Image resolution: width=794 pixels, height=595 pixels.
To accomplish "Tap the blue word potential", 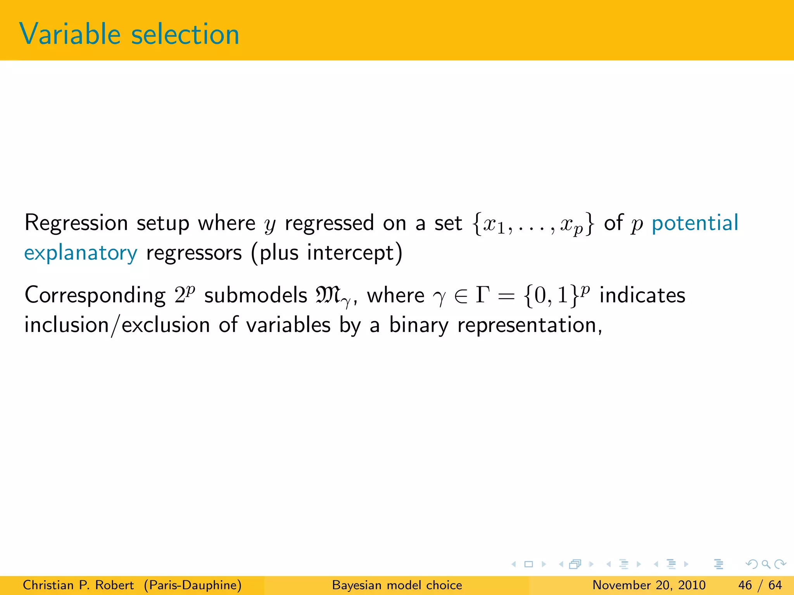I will coord(695,224).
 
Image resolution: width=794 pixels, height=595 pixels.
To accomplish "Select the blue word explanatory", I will coord(81,254).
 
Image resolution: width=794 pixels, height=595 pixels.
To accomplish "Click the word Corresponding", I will coord(95,296).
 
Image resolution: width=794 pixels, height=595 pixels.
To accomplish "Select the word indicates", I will coord(642,295).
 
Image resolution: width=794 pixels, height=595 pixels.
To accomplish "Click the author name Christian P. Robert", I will coord(78,585).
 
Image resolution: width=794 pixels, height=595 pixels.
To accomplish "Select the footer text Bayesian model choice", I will coord(397,585).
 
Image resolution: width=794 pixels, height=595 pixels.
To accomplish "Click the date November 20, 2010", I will coord(649,585).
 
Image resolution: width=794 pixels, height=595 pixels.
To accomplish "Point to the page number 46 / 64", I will coord(760,585).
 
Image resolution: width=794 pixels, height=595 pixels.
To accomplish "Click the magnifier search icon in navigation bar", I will coord(766,564).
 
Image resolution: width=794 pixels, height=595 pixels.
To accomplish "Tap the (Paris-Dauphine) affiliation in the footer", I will coord(193,585).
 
